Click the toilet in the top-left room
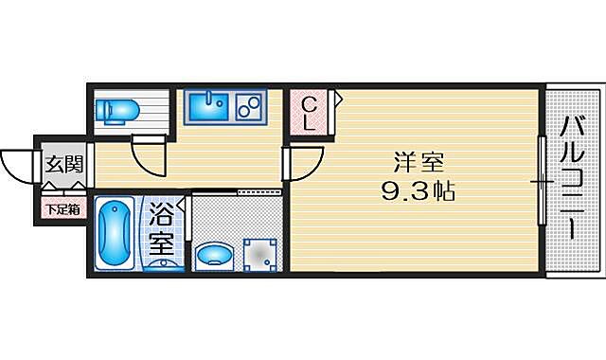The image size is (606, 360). pyautogui.click(x=119, y=110)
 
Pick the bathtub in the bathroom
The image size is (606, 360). pyautogui.click(x=117, y=234)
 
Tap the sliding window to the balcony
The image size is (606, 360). pyautogui.click(x=543, y=180)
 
